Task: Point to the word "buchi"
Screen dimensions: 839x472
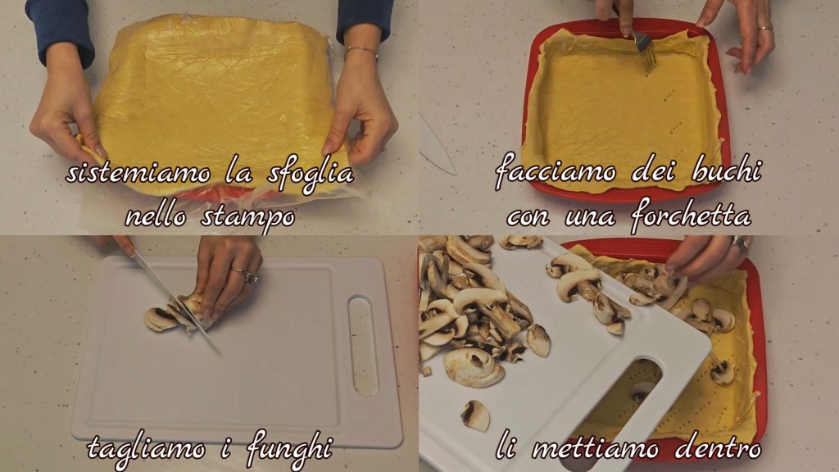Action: click(x=726, y=170)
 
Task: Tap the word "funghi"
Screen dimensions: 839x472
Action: click(x=289, y=448)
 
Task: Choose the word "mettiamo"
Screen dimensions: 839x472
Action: click(x=595, y=448)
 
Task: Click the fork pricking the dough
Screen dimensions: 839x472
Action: click(x=642, y=48)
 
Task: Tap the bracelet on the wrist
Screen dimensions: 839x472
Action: click(x=361, y=52)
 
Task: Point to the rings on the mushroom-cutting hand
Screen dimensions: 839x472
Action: click(x=246, y=275)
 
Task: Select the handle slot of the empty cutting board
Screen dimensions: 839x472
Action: click(x=363, y=347)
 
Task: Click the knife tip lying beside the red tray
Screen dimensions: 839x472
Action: click(x=438, y=144)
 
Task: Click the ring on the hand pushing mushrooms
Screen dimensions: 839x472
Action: click(x=741, y=243)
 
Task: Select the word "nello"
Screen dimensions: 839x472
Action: click(x=156, y=216)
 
